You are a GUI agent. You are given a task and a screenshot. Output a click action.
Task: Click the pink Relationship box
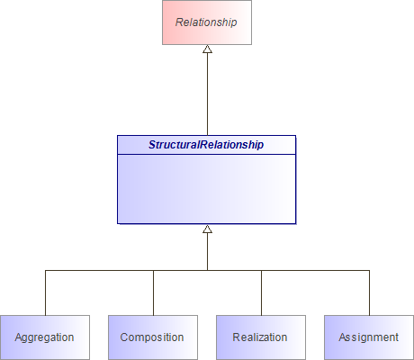(x=207, y=22)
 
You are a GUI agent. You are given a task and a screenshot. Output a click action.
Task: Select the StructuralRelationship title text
(x=207, y=144)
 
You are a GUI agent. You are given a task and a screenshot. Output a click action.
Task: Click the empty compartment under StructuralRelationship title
(x=207, y=188)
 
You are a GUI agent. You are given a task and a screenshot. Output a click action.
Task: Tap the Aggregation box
(x=45, y=337)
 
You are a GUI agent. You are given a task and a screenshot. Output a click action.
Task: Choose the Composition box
(x=153, y=337)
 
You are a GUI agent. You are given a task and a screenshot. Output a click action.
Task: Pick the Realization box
(x=261, y=337)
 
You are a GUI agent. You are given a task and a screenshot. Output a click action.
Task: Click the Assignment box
(x=369, y=337)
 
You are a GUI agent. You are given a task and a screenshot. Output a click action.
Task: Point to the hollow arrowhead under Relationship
(x=207, y=49)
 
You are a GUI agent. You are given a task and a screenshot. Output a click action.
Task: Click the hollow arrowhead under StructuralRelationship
(x=207, y=229)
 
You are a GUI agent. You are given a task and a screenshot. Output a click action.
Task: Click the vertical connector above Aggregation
(x=45, y=292)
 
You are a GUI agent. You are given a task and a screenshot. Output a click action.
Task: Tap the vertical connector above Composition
(x=153, y=292)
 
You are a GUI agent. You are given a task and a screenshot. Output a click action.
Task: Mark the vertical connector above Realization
(x=261, y=292)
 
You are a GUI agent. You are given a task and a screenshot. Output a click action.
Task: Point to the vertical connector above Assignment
(x=369, y=292)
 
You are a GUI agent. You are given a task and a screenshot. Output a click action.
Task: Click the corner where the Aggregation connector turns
(x=45, y=270)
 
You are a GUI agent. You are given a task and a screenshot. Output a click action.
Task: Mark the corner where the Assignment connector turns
(x=369, y=270)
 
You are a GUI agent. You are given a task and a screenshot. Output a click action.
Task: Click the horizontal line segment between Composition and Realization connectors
(x=180, y=270)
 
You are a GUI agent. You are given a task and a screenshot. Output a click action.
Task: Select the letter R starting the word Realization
(x=237, y=337)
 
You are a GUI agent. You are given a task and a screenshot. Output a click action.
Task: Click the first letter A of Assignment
(x=343, y=337)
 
